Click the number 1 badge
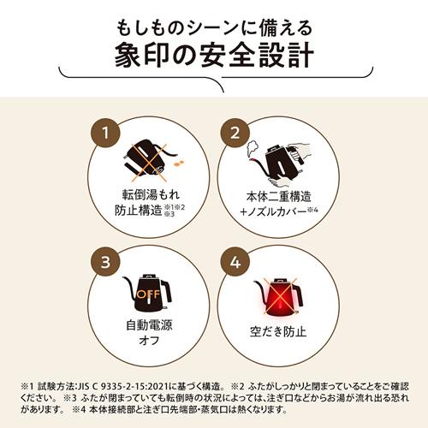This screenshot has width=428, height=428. click(105, 134)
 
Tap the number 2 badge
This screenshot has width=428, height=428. click(231, 134)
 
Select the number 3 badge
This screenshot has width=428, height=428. click(105, 261)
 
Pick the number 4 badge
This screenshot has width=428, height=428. click(231, 261)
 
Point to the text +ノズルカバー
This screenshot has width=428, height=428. click(270, 211)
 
